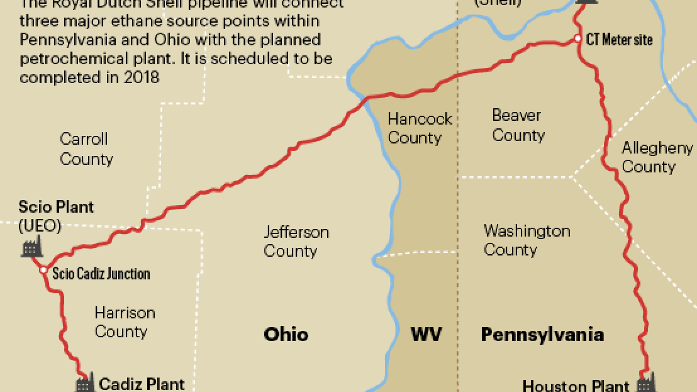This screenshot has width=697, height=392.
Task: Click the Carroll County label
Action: [86, 149]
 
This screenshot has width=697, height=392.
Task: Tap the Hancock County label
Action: [420, 128]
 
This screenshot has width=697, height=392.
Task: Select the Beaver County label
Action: [518, 125]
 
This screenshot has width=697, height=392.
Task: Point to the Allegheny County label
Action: [657, 157]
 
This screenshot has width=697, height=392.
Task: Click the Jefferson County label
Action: [296, 242]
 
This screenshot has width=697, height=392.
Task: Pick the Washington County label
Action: [527, 240]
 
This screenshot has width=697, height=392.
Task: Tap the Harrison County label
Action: [125, 322]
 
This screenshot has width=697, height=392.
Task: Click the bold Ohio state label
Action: [286, 334]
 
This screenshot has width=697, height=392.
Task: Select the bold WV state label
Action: [426, 334]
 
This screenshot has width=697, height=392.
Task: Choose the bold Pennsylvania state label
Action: [542, 334]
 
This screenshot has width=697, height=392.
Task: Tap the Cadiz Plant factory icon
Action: [86, 383]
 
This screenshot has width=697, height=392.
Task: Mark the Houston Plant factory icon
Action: [645, 383]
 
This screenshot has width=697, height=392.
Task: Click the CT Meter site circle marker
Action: [578, 39]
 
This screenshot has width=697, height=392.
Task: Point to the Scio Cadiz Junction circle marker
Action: [43, 270]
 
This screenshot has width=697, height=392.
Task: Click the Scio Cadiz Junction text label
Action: [101, 274]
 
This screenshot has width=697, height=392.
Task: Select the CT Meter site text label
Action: [619, 40]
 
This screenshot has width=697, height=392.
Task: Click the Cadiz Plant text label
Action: [142, 383]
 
